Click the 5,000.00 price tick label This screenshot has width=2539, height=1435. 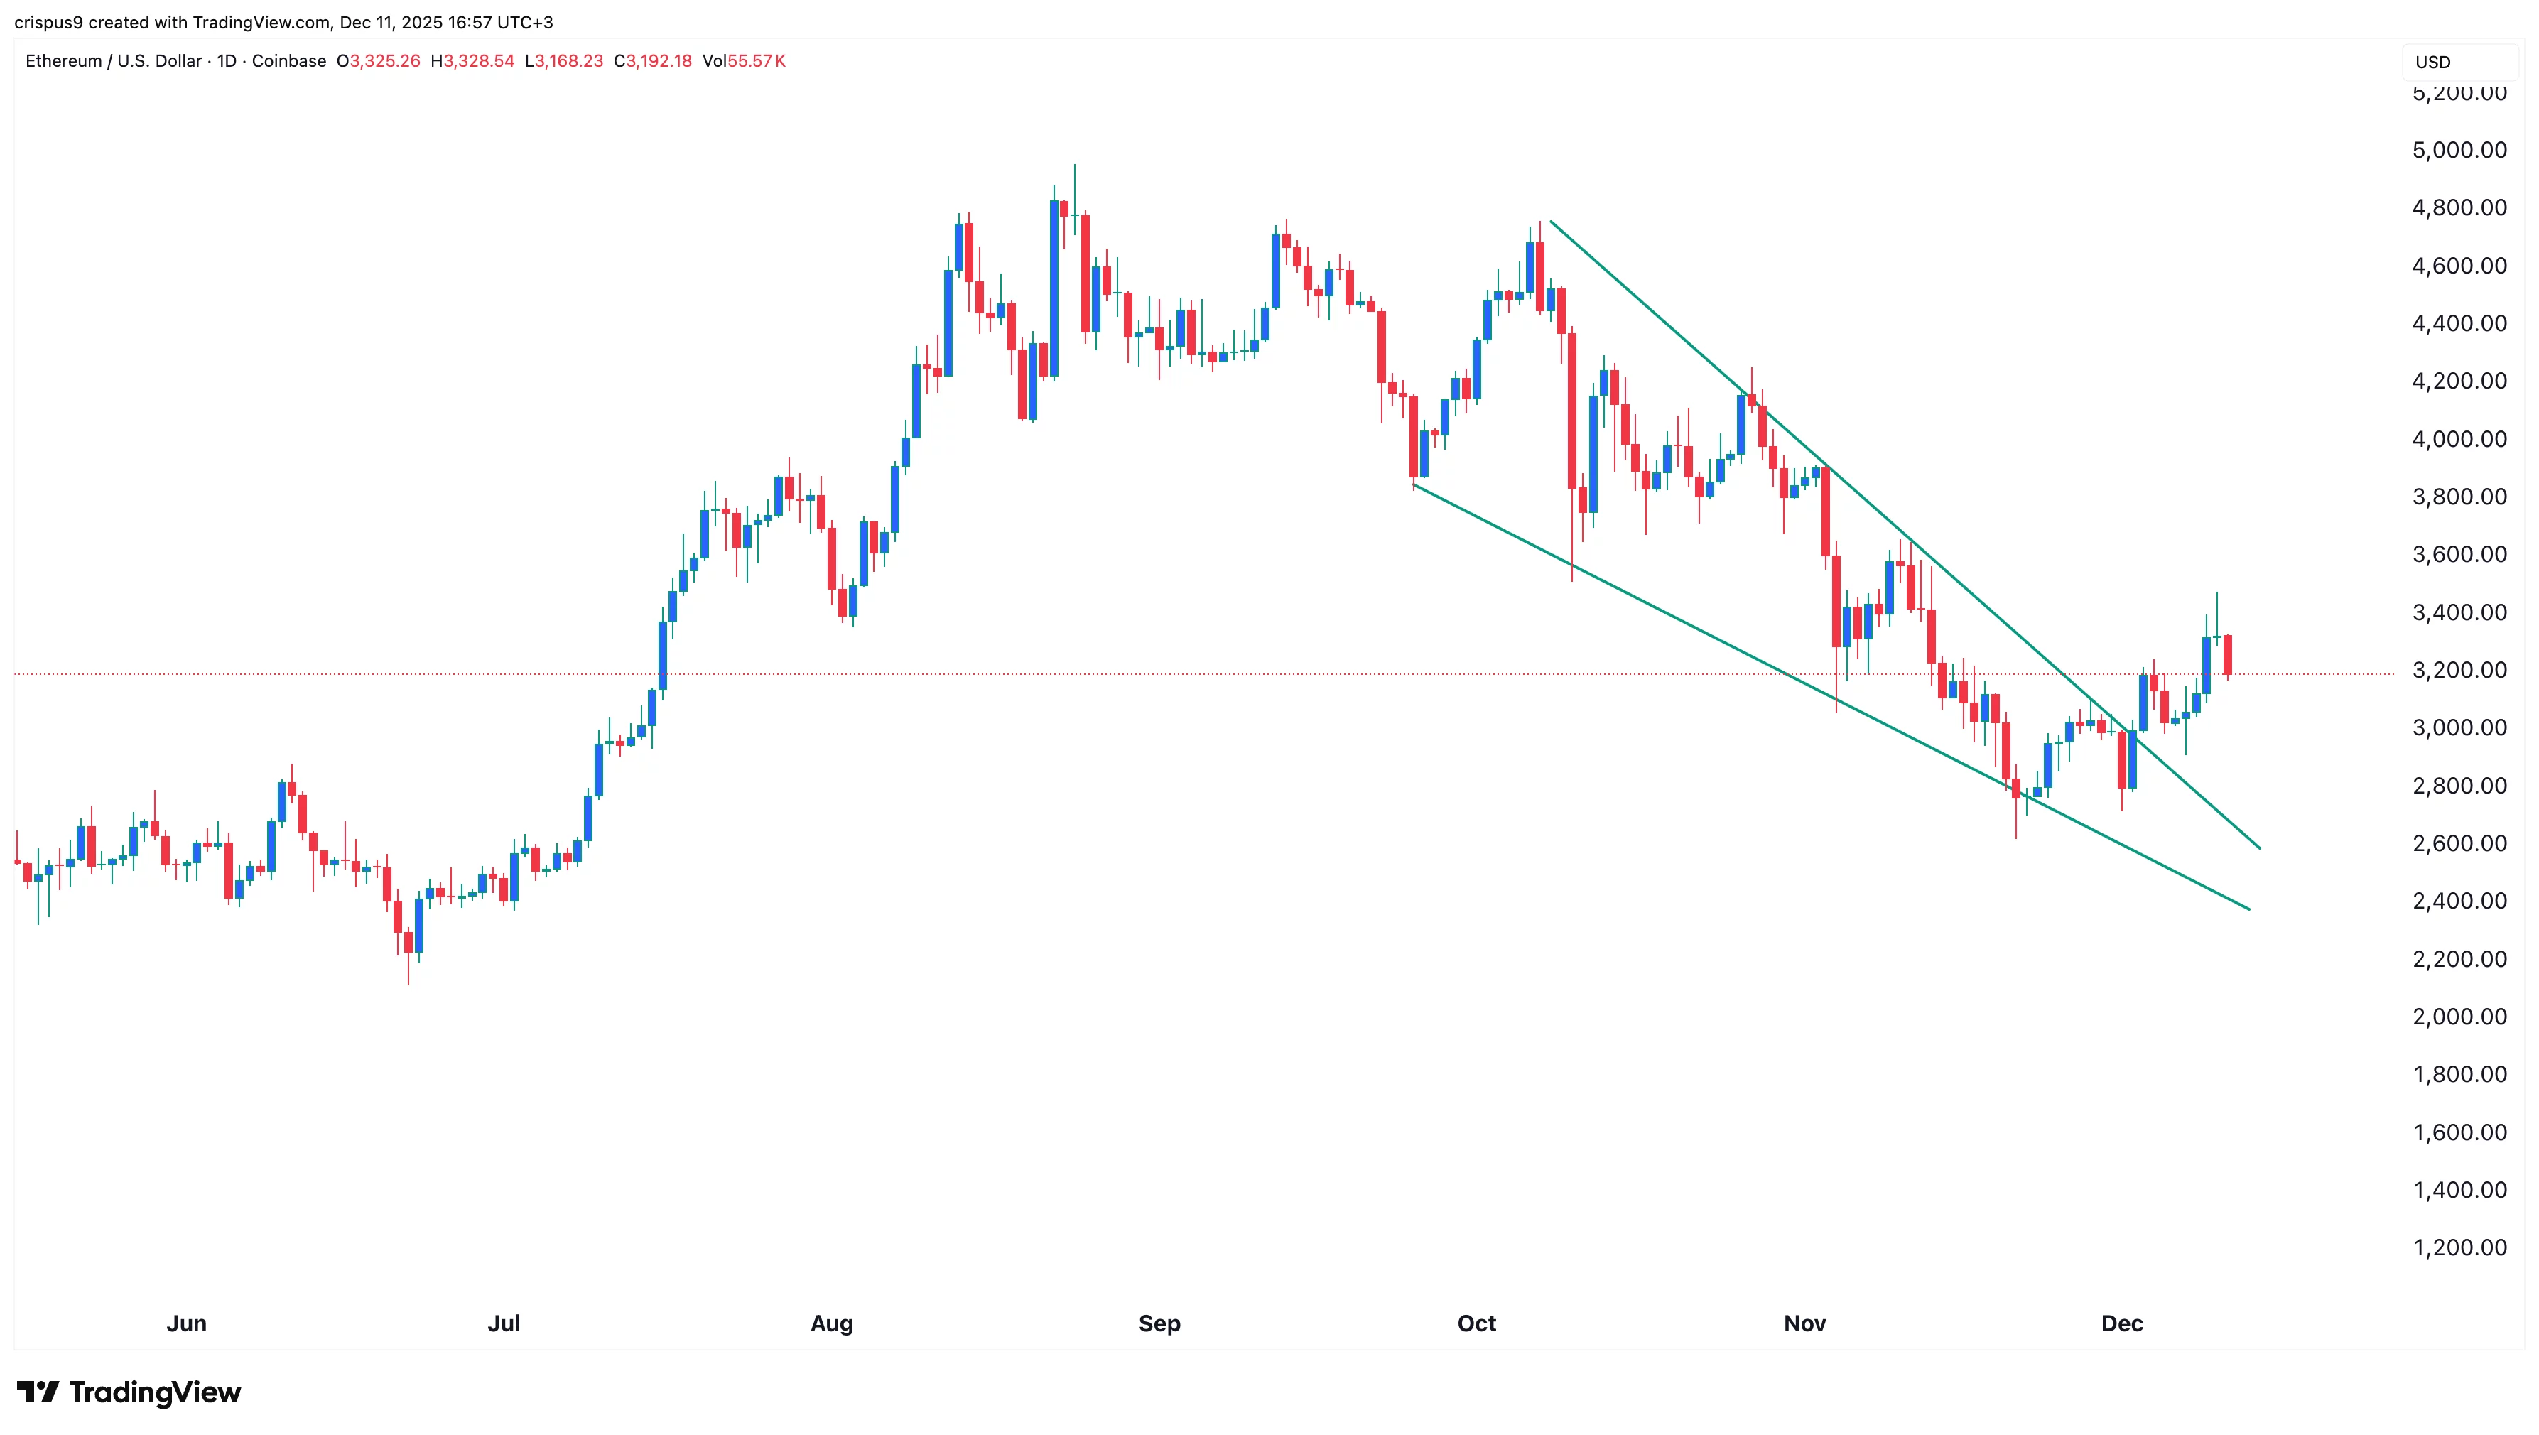2458,150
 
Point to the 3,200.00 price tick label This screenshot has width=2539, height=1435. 2458,670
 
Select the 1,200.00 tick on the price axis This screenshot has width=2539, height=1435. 2458,1247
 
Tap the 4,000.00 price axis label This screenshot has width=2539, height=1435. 2458,438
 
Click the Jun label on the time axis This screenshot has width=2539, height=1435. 186,1323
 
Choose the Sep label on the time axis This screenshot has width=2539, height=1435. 1159,1323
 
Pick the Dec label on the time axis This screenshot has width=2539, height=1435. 2121,1323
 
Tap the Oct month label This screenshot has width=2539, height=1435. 1476,1323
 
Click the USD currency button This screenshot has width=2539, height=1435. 2432,62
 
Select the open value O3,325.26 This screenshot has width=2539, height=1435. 379,61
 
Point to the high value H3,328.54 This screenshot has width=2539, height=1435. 472,61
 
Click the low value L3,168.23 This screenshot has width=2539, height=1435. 564,61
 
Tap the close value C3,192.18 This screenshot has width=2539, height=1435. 652,61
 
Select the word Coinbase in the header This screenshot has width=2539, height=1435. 289,61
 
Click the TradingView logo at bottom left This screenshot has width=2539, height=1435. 129,1392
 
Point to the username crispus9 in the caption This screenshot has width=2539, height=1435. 48,22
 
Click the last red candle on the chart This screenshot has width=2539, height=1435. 2228,654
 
